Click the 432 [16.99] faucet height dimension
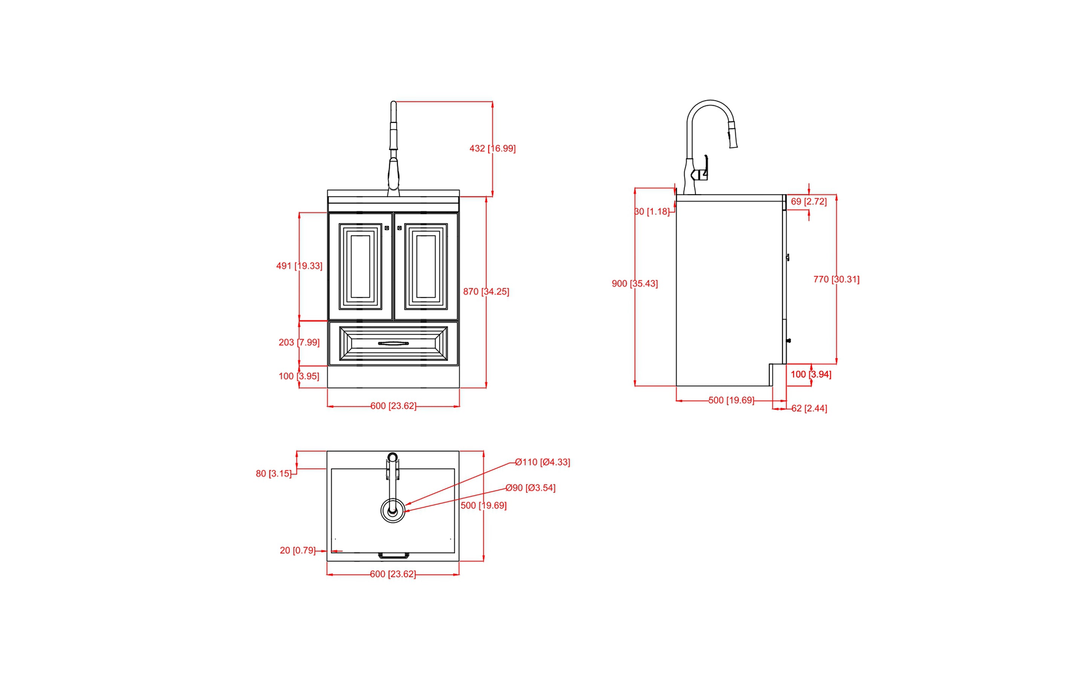(492, 148)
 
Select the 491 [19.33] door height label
(299, 266)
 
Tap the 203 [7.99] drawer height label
(299, 343)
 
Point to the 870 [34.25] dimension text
(486, 291)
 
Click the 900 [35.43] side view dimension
(634, 283)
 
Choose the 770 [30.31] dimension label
(836, 279)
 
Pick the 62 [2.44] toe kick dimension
(809, 408)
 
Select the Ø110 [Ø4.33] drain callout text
(542, 462)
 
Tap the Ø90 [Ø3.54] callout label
(530, 488)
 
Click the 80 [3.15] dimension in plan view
(273, 474)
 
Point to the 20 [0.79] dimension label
(297, 550)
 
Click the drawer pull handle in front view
(393, 343)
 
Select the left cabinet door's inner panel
(360, 266)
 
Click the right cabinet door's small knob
(399, 228)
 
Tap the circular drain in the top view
(393, 511)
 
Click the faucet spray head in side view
(733, 135)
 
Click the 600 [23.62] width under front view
(393, 406)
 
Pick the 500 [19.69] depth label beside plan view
(483, 505)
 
